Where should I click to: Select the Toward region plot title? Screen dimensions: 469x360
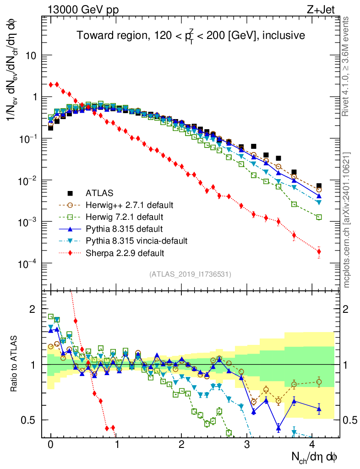pos(191,35)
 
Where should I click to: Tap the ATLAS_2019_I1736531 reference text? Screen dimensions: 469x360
pos(190,274)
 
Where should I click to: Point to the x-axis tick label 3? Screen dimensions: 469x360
pos(247,445)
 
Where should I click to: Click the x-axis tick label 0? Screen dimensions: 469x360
pos(51,445)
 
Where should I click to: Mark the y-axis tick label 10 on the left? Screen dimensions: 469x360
pos(32,56)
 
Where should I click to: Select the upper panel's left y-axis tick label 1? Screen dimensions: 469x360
pos(35,98)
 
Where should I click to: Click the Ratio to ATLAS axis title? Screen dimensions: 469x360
pos(15,364)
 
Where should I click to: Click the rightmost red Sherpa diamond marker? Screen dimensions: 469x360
pos(319,251)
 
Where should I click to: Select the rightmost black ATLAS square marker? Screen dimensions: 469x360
pos(319,186)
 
